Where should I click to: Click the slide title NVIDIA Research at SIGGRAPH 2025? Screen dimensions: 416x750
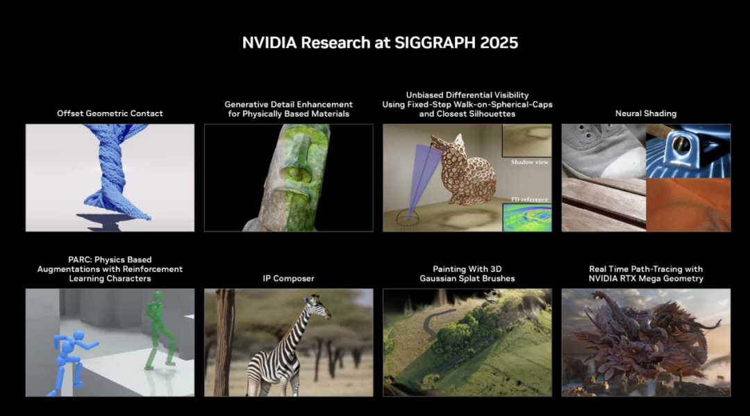coord(380,42)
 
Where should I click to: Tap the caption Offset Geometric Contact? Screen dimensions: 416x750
coord(110,113)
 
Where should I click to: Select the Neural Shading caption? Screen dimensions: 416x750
coord(645,113)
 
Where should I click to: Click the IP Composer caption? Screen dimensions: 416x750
coord(288,278)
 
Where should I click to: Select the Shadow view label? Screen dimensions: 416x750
coord(529,162)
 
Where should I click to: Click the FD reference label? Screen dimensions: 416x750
coord(529,199)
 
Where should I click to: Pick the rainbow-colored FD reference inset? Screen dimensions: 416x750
coord(527,217)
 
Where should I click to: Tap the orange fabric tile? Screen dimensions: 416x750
coord(688,205)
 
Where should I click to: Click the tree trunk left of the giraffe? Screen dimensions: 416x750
coord(224,341)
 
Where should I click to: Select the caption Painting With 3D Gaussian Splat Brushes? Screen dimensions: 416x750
coord(467,273)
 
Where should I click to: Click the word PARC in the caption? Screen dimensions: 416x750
coord(80,259)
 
